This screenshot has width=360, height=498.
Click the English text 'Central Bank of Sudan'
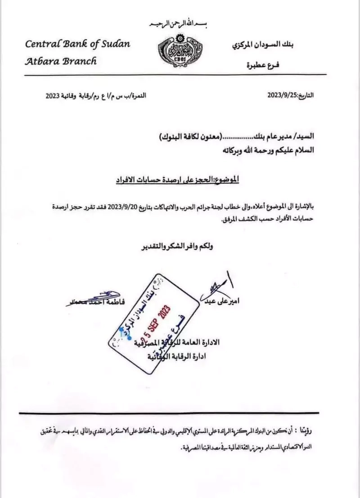point(77,45)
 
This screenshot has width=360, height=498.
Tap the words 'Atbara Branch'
point(61,61)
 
